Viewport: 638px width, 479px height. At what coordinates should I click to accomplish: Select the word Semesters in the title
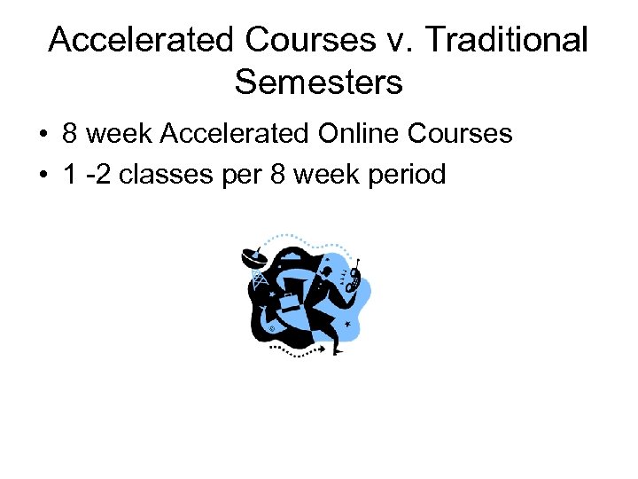point(319,82)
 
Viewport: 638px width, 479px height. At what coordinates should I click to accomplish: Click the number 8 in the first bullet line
point(72,134)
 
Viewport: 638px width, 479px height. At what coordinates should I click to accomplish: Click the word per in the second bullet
point(247,174)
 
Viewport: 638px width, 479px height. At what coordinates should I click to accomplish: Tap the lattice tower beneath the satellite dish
point(260,279)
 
